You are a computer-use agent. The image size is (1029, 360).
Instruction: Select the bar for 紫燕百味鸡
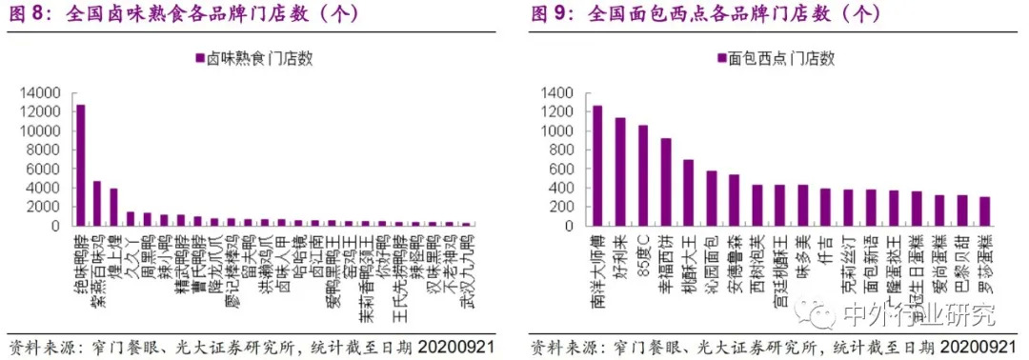[97, 203]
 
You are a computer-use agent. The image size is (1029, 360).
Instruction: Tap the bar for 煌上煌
[113, 207]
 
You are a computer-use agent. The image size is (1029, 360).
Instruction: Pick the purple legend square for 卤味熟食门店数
[199, 58]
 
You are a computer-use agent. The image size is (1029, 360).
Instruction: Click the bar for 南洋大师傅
[597, 166]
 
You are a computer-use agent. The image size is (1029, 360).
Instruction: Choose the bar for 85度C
[643, 175]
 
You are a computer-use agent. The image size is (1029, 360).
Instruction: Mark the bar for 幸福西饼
[666, 182]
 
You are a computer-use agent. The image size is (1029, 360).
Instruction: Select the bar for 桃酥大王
[689, 192]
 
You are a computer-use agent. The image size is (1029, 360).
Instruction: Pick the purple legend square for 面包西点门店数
[722, 58]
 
